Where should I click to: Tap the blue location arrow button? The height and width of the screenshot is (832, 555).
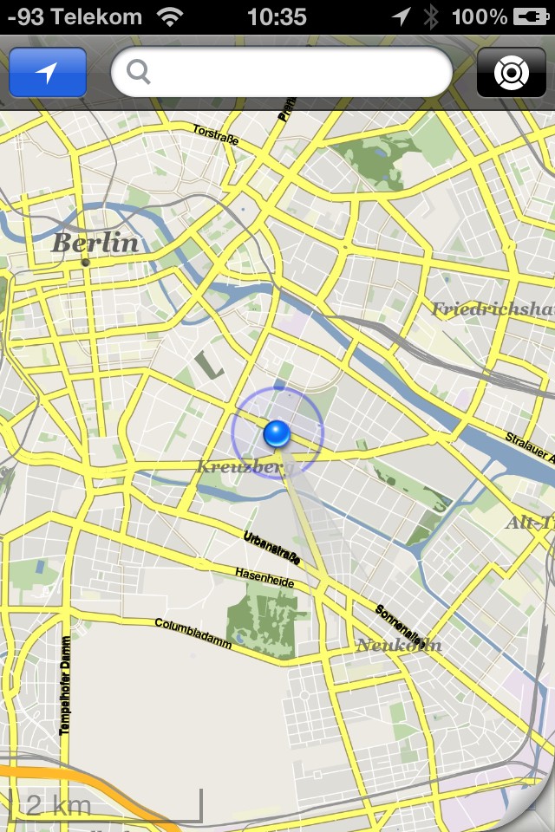coord(48,73)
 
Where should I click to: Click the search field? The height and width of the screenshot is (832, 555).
coord(282,73)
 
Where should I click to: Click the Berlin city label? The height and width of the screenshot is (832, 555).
coord(95,243)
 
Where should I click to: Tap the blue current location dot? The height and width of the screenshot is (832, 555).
coord(277,432)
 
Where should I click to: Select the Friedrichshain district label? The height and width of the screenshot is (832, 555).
coord(493,309)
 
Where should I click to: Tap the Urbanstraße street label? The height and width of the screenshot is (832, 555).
coord(272,548)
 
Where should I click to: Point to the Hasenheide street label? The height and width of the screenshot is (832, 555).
coord(264,578)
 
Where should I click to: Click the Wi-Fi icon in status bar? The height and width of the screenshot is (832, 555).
coord(172,16)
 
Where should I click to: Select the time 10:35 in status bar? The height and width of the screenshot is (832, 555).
coord(277,16)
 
